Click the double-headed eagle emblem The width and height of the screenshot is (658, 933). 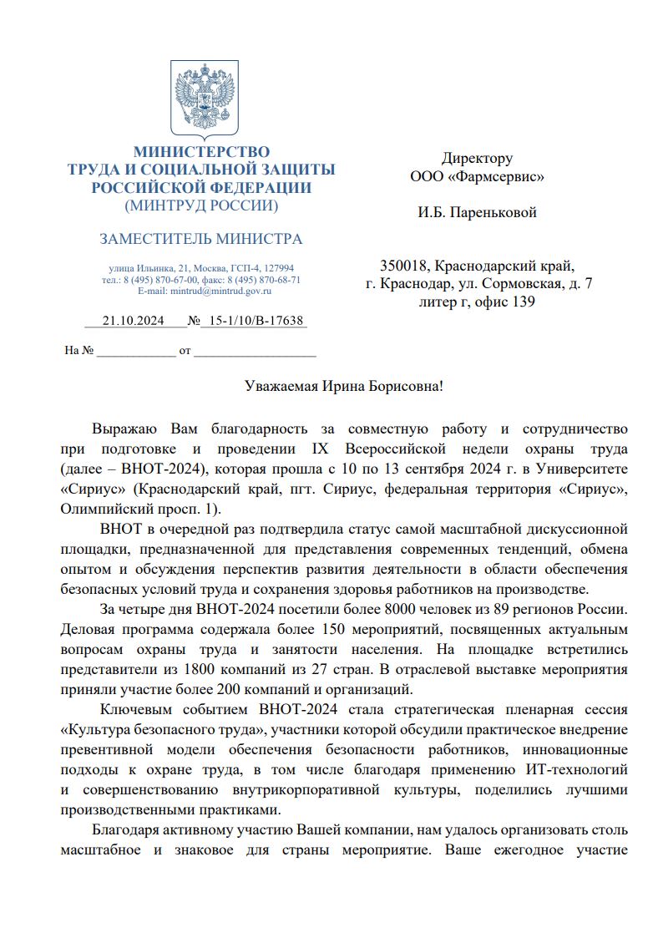(x=201, y=99)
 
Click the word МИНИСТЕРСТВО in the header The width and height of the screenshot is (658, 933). (x=201, y=152)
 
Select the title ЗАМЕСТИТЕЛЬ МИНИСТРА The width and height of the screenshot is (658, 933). (x=201, y=240)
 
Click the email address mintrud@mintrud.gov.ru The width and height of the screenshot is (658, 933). (x=221, y=291)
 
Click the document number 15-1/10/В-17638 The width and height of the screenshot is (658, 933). (x=256, y=321)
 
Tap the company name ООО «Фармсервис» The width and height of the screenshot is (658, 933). (x=477, y=177)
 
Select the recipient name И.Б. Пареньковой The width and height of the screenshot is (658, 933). (x=477, y=212)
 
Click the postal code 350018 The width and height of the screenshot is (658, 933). (x=405, y=266)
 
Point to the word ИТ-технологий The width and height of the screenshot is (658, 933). (x=580, y=769)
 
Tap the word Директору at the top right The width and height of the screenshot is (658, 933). (x=477, y=158)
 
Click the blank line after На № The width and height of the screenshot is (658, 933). (x=136, y=352)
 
